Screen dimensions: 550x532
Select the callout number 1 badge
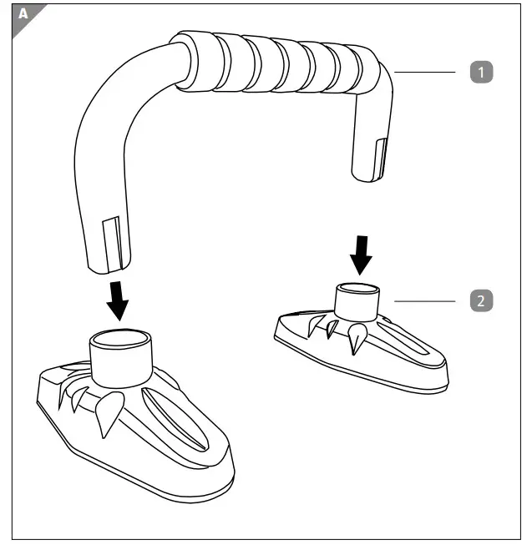pos(479,73)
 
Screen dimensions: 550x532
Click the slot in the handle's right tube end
pos(382,159)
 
